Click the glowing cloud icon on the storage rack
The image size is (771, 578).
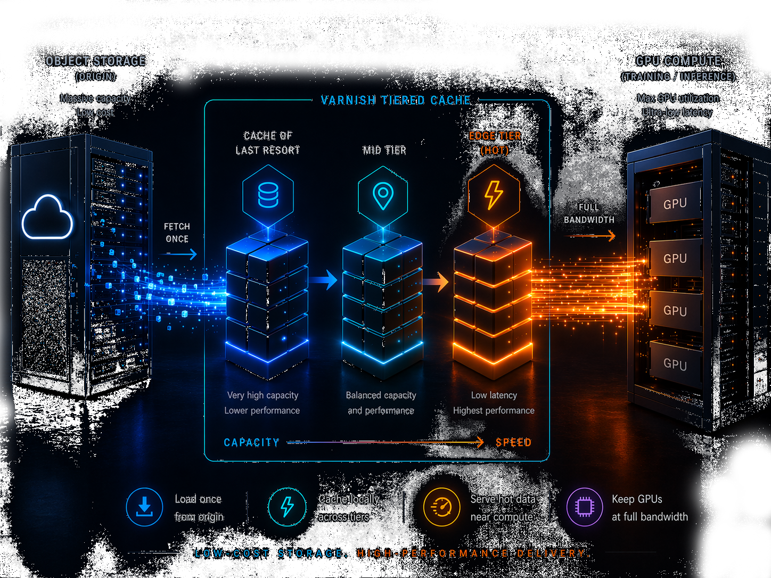coord(47,218)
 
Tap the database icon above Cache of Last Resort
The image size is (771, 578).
coord(268,195)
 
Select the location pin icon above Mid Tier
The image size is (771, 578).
coord(383,196)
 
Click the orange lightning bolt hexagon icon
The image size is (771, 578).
coord(494,195)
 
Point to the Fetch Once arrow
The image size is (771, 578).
coord(179,255)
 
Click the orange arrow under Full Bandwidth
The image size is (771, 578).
coord(590,236)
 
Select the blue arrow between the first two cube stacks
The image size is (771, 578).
coord(324,279)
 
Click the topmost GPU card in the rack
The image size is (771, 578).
coord(675,203)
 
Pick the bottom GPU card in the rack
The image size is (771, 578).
coord(675,364)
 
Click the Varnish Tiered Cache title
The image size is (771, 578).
coord(396,101)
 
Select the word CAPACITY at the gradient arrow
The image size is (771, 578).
coord(251,443)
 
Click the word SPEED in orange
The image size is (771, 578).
coord(513,443)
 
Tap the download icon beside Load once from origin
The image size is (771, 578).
coord(144,507)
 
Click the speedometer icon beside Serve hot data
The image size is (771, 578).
coord(441,507)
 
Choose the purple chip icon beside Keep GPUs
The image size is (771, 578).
coord(584,507)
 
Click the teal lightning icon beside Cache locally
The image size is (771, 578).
coord(287,507)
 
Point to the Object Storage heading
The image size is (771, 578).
coord(96,61)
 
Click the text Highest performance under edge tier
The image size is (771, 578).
coord(494,410)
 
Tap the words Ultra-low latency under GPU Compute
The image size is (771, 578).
coord(677,112)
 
